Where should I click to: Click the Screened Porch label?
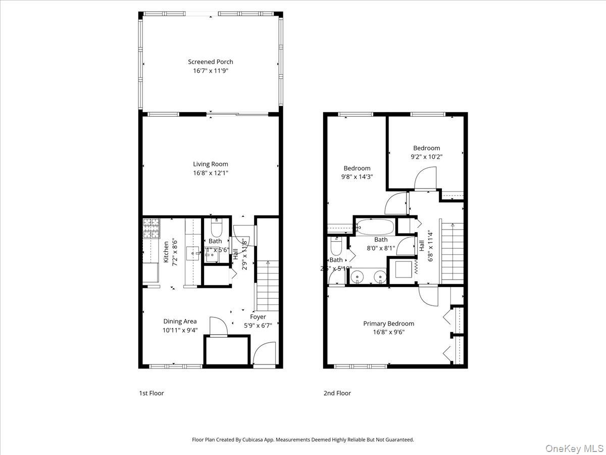[211, 62]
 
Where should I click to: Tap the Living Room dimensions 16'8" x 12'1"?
[211, 173]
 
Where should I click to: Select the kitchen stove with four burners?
[150, 228]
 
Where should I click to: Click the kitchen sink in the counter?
[193, 252]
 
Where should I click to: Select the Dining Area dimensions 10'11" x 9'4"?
[180, 330]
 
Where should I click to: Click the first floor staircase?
[268, 286]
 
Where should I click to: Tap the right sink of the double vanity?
[379, 277]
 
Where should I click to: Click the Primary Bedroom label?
[388, 324]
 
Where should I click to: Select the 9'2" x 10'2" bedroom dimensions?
[426, 157]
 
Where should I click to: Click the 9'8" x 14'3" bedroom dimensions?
[357, 177]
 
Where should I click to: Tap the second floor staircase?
[453, 253]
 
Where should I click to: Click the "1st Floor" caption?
[151, 393]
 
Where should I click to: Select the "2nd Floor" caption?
[337, 393]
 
